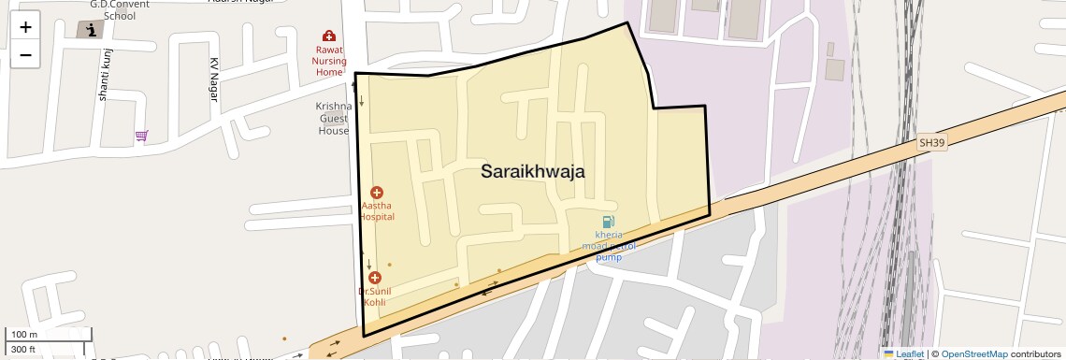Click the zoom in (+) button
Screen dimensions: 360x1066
(25, 27)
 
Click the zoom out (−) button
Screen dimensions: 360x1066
(25, 55)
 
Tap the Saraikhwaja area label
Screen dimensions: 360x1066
(532, 171)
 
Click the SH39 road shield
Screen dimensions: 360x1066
(931, 143)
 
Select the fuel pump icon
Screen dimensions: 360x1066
(609, 223)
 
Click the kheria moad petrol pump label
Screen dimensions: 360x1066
(609, 245)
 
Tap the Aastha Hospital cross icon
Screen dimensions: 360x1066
(377, 192)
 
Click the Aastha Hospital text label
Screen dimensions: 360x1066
(377, 210)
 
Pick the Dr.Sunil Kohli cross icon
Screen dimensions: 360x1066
(375, 278)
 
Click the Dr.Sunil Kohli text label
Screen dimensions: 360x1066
(374, 296)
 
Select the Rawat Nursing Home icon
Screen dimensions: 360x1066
(329, 36)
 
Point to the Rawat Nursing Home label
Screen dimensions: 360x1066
(329, 61)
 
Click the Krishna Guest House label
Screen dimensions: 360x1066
(333, 118)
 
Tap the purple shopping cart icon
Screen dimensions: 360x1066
(141, 136)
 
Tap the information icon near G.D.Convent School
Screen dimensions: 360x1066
(91, 30)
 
